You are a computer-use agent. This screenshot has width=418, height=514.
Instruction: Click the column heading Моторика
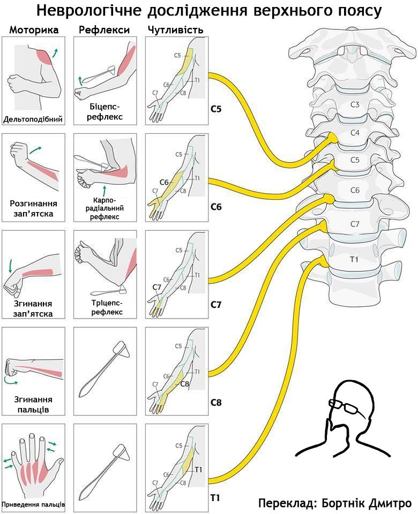(34, 30)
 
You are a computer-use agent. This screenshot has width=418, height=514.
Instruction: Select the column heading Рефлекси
(104, 30)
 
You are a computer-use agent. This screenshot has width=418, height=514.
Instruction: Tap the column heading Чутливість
(176, 30)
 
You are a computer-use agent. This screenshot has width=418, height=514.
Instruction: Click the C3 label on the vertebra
(355, 104)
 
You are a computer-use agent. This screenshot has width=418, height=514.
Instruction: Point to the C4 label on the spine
(355, 133)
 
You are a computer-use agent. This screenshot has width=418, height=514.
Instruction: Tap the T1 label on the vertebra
(354, 259)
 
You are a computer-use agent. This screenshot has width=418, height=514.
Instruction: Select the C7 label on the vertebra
(355, 224)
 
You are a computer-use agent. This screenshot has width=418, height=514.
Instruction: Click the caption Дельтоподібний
(33, 119)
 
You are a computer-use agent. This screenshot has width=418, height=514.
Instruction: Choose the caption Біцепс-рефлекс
(104, 112)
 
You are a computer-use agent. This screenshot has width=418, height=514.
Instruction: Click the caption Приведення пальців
(33, 504)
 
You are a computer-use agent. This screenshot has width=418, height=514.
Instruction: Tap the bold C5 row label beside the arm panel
(216, 109)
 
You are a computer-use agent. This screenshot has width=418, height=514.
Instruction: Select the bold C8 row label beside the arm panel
(216, 402)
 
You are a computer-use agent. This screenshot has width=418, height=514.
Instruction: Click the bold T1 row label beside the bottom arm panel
(215, 498)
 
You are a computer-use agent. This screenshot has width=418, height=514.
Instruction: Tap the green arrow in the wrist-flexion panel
(10, 266)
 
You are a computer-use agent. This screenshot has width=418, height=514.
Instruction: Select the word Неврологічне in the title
(89, 11)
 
